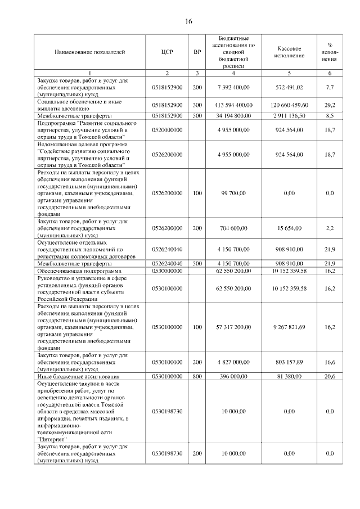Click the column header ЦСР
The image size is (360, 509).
(x=167, y=52)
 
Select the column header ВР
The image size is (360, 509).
(x=197, y=52)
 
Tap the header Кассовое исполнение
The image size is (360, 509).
(x=290, y=52)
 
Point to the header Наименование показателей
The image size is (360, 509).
(x=90, y=52)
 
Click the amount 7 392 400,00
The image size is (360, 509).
(x=233, y=88)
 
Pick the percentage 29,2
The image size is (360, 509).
(x=330, y=105)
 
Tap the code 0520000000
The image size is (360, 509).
(x=167, y=130)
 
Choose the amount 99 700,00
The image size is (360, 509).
(x=233, y=193)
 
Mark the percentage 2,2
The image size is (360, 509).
(x=330, y=228)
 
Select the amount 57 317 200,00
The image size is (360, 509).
(x=233, y=327)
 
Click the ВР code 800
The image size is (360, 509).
(x=197, y=376)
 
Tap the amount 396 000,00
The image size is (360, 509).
(x=233, y=376)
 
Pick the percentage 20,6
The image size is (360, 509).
(x=330, y=376)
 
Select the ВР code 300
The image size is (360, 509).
(x=197, y=105)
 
